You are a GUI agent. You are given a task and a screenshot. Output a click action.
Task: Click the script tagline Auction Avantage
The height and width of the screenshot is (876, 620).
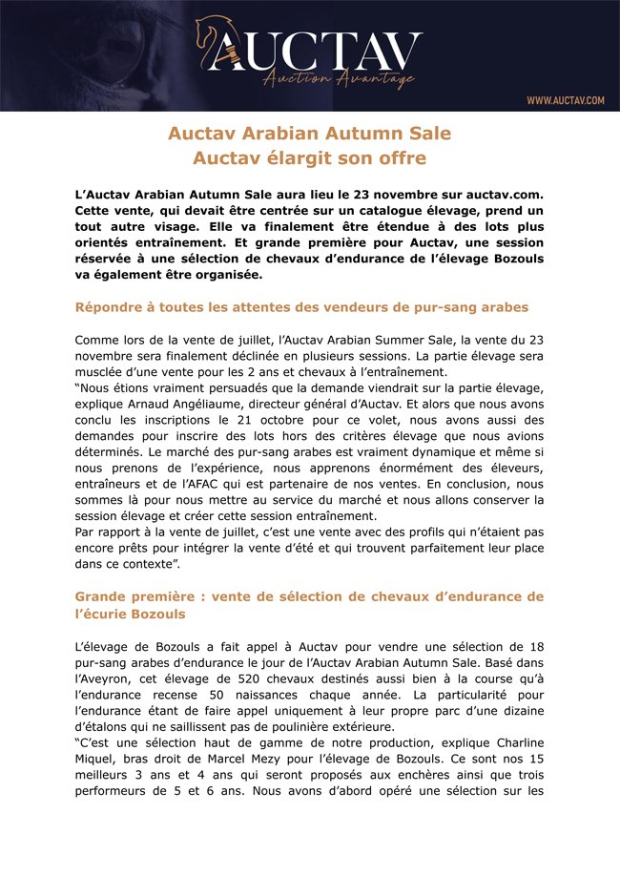tap(339, 79)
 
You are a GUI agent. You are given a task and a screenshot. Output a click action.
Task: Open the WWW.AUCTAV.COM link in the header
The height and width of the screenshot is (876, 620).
tap(565, 100)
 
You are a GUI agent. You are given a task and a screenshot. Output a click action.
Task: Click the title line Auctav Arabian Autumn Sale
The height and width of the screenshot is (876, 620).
tap(310, 133)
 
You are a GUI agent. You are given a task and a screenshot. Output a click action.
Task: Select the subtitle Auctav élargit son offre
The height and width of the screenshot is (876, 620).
tap(310, 157)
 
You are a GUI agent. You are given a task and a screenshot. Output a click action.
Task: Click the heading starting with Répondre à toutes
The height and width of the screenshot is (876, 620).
tap(301, 307)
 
